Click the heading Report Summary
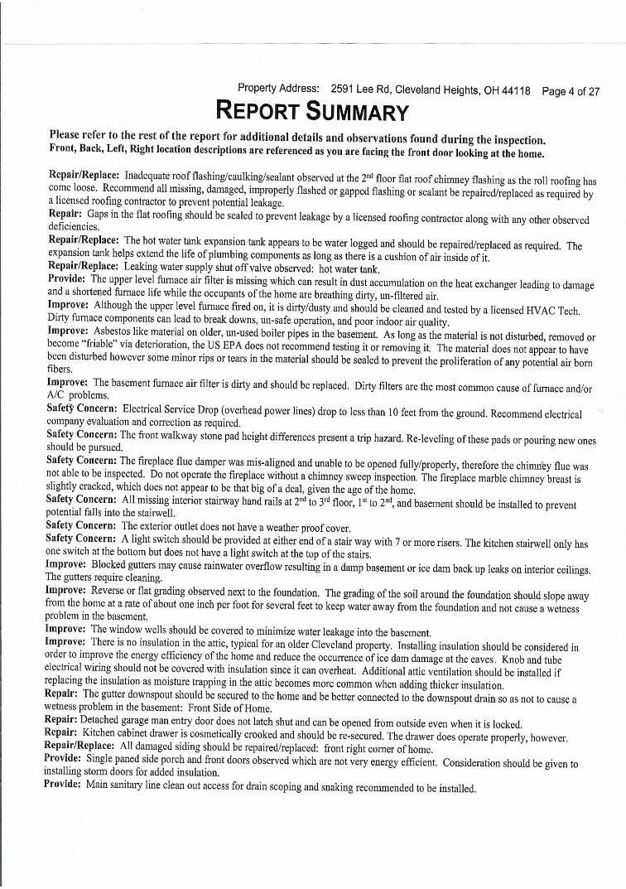point(311,111)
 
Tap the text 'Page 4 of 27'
point(571,90)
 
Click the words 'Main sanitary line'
point(128,787)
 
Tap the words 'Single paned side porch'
point(146,762)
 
